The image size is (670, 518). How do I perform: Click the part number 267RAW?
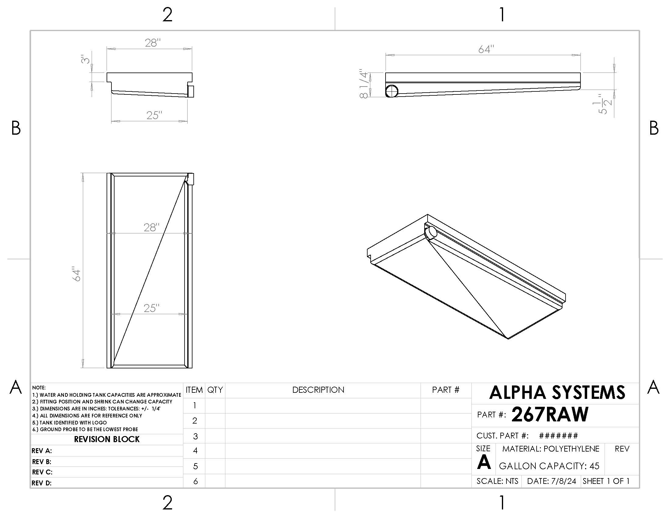550,415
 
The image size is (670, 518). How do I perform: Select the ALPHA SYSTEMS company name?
557,392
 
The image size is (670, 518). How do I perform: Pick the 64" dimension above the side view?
486,49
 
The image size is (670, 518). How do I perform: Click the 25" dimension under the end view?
154,115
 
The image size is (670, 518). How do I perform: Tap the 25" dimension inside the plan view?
152,308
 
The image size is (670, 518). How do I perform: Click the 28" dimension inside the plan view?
152,227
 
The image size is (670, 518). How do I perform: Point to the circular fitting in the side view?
392,91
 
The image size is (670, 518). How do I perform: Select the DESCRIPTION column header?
318,390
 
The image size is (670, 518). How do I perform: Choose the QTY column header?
215,390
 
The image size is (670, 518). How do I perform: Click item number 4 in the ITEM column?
195,450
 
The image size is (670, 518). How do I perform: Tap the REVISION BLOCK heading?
107,439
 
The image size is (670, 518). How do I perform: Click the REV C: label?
42,472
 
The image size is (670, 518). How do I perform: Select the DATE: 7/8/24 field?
551,481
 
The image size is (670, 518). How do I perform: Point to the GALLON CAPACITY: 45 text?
549,466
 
